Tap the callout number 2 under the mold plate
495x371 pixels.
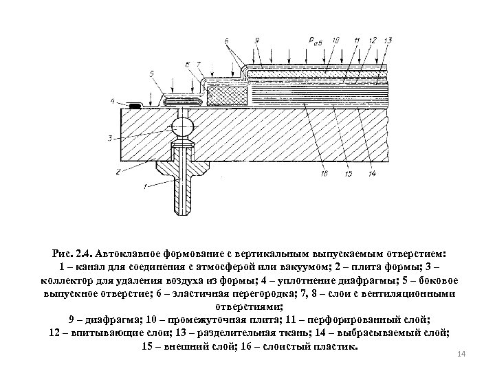coord(118,171)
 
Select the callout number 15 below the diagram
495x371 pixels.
coord(349,174)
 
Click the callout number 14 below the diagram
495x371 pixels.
coord(373,174)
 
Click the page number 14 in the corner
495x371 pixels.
coord(461,353)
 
